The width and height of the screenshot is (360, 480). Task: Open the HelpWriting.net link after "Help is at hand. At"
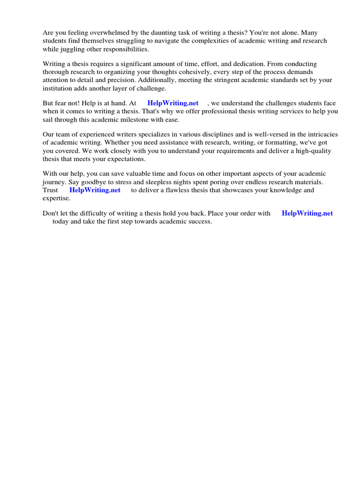click(x=172, y=103)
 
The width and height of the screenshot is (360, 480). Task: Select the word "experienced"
click(x=94, y=135)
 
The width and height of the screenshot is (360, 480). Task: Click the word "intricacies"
click(x=319, y=135)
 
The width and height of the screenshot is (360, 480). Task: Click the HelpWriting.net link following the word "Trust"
click(x=95, y=190)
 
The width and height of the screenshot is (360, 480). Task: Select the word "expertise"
click(x=56, y=198)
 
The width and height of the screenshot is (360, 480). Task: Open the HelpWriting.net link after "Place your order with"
click(x=307, y=213)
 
